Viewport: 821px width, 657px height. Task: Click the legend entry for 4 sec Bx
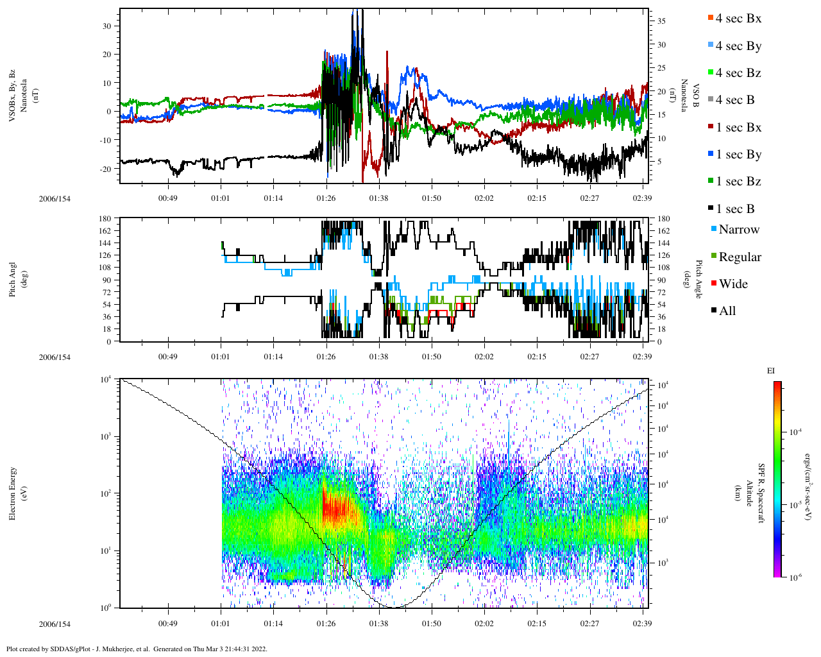738,19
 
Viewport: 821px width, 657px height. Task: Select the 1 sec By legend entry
738,155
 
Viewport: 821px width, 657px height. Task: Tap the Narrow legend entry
738,230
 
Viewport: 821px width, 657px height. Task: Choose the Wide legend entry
732,284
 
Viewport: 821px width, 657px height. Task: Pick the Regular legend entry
739,257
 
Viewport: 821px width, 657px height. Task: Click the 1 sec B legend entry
734,209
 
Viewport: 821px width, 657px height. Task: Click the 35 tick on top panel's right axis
661,21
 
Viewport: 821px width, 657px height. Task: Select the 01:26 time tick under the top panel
326,198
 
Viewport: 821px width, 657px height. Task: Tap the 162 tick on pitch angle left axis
105,231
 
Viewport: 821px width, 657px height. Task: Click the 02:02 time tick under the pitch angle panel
484,357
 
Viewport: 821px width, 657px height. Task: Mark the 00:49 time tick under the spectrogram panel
168,623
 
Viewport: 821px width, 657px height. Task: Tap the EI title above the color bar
771,371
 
